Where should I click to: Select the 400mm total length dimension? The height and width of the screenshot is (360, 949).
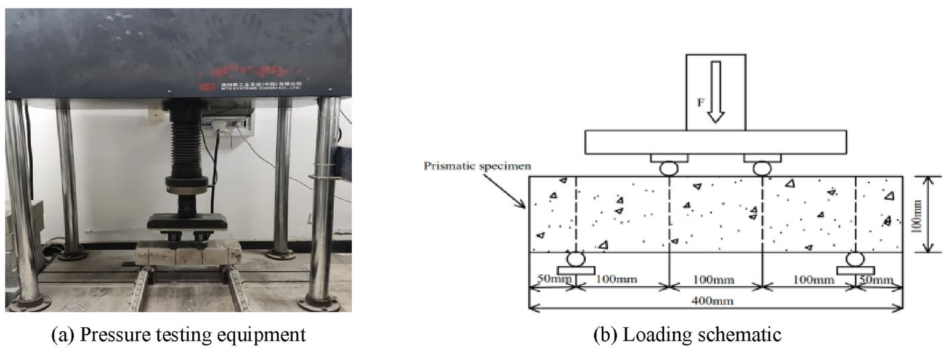pyautogui.click(x=716, y=301)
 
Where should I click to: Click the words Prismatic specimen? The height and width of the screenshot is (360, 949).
pyautogui.click(x=462, y=164)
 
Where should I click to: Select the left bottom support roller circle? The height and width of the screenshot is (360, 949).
pyautogui.click(x=575, y=259)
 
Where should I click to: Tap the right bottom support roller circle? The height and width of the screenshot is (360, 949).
pyautogui.click(x=855, y=259)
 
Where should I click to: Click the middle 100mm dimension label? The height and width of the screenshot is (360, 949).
pyautogui.click(x=716, y=279)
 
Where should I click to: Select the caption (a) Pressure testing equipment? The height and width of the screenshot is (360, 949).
pyautogui.click(x=179, y=336)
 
